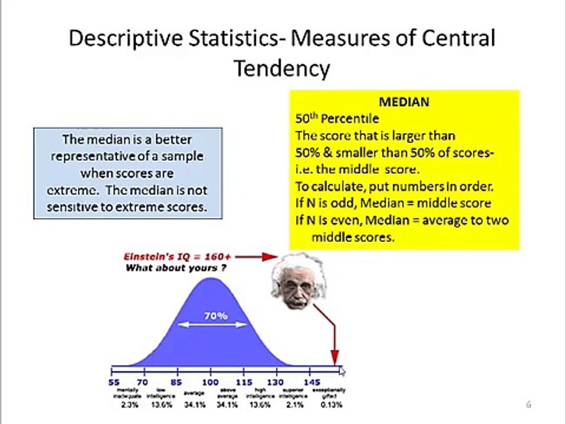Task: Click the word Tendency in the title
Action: pos(282,68)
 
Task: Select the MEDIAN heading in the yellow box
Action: pos(404,102)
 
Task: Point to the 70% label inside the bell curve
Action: pos(216,316)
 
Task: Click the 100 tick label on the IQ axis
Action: pos(210,382)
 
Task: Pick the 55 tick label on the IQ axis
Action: pos(114,382)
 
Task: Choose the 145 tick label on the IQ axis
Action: pos(312,382)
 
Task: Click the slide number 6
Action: pos(529,405)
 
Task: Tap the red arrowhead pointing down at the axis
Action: pos(335,357)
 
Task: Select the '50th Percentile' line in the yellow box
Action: pos(337,118)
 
